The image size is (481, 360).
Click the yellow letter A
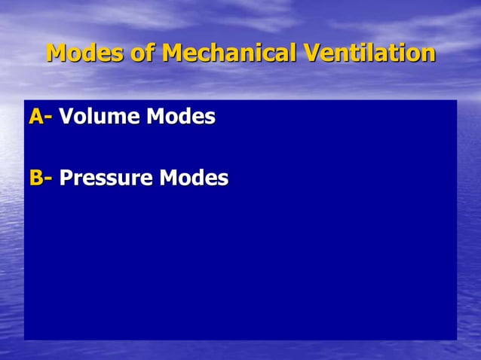pos(36,117)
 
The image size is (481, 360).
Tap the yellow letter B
pos(36,178)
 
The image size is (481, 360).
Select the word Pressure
pos(106,178)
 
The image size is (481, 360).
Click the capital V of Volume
pos(66,117)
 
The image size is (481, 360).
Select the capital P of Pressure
pos(66,178)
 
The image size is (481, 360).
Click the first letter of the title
pos(57,53)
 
